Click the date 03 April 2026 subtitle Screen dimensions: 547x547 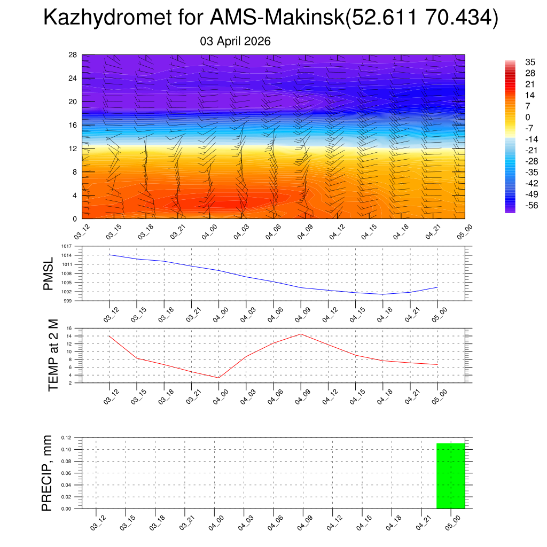coord(236,41)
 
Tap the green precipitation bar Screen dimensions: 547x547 coord(450,475)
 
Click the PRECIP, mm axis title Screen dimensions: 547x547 coord(48,473)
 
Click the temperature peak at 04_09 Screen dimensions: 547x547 coord(301,334)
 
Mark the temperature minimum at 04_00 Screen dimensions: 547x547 coord(218,378)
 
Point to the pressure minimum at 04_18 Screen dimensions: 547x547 coord(383,294)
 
